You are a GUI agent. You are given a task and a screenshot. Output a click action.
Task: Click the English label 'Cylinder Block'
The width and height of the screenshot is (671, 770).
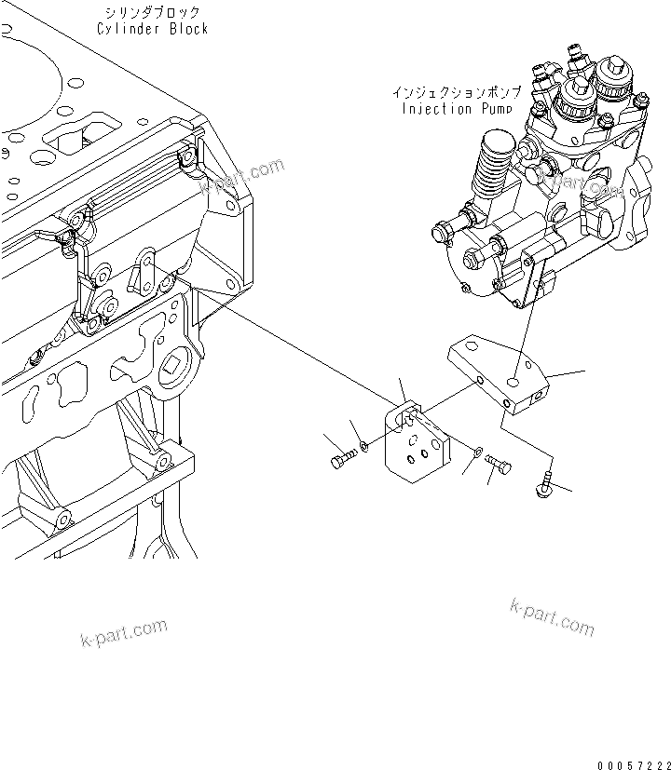pos(153,29)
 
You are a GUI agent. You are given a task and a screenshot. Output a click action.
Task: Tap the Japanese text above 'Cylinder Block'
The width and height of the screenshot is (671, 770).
pos(153,12)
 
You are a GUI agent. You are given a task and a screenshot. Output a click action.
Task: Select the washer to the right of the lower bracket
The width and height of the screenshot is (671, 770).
pos(476,452)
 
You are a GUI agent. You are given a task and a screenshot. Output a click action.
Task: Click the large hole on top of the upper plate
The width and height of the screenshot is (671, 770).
pos(514,381)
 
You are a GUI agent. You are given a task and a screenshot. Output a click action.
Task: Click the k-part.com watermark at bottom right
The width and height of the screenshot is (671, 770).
pos(552,616)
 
